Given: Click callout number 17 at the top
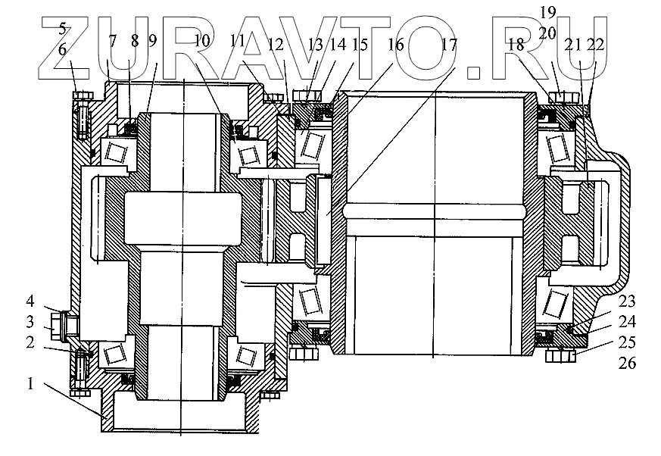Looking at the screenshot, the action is (x=450, y=45).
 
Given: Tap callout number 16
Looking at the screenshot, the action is (x=394, y=45).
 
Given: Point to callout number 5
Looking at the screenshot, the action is (x=64, y=30).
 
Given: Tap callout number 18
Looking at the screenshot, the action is (x=516, y=45).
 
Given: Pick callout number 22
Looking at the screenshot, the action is (x=597, y=45).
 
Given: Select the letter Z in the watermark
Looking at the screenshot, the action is (x=64, y=45).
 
